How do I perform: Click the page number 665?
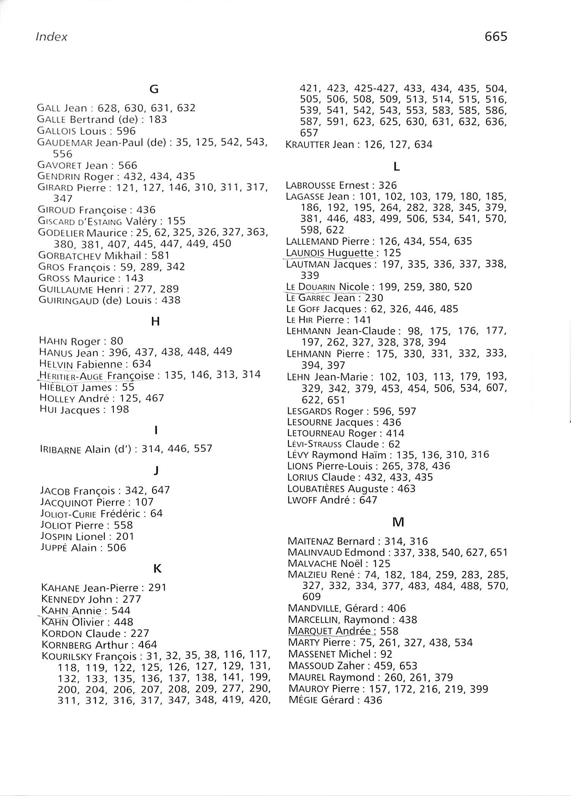click(x=495, y=36)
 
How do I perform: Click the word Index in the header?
click(x=51, y=37)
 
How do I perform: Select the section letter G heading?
click(x=154, y=89)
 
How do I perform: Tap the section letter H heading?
click(x=155, y=322)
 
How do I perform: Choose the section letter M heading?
click(x=398, y=522)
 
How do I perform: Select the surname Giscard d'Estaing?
click(x=80, y=221)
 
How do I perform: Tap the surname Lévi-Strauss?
click(x=315, y=444)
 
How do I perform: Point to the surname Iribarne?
click(x=61, y=449)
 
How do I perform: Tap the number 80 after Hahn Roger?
click(x=117, y=341)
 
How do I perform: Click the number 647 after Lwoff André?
click(x=368, y=500)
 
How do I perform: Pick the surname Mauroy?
click(x=308, y=689)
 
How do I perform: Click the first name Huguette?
click(x=351, y=253)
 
